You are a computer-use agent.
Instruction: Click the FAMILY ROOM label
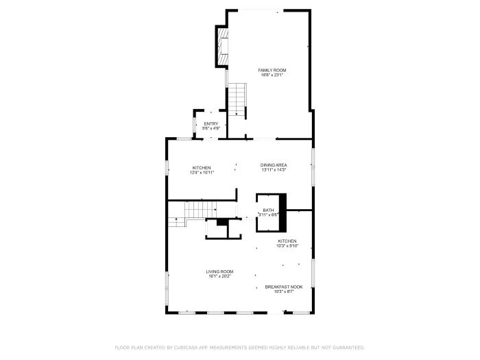pos(272,70)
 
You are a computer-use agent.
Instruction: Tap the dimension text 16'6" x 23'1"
pos(272,75)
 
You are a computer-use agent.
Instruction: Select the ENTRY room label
pos(211,123)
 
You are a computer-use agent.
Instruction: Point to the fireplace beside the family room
pos(223,46)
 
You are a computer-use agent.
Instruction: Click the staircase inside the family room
pos(237,99)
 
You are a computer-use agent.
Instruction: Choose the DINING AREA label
pos(273,165)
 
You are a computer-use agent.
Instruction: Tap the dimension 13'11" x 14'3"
pos(273,169)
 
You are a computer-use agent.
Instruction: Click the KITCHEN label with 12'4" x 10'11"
pos(202,167)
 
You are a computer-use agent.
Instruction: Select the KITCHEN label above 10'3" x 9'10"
pos(287,241)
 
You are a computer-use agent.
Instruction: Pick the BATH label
pos(267,210)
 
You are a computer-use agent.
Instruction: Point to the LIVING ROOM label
pos(220,272)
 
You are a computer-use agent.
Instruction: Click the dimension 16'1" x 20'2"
pos(220,276)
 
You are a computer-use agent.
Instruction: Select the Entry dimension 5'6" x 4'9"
pos(211,128)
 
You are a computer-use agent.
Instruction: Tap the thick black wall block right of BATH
pos(282,205)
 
